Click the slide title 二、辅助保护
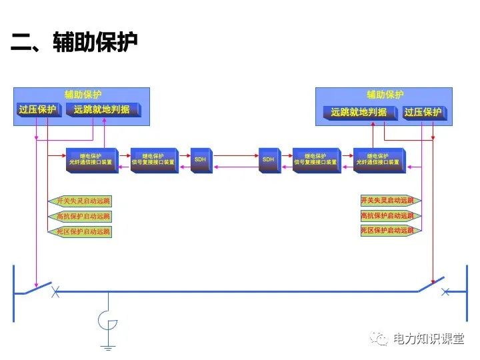(74, 43)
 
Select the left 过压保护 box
(38, 110)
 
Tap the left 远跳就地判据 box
(102, 110)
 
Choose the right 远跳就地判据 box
(359, 113)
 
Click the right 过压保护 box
(423, 113)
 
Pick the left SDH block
(201, 160)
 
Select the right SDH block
(269, 160)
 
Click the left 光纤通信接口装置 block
(92, 160)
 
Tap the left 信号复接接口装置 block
(153, 160)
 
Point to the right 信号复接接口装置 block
(316, 160)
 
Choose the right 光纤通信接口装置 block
(377, 160)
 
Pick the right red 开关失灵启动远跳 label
(387, 200)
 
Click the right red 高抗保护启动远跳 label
(387, 215)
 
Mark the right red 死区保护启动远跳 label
(387, 231)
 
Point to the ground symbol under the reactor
(107, 347)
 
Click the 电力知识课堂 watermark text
(428, 339)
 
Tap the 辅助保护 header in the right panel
(385, 95)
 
